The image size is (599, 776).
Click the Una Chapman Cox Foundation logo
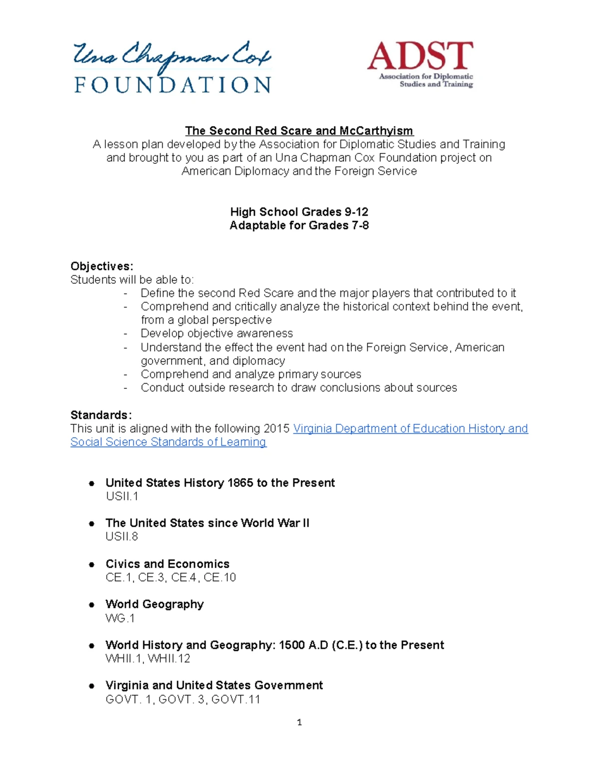[172, 68]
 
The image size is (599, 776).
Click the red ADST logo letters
[420, 56]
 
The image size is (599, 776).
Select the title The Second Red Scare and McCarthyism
[299, 131]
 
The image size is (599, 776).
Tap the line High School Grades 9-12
[299, 212]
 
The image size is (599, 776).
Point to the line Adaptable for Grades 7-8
[299, 225]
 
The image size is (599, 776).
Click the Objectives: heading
[102, 266]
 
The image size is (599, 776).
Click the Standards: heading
[101, 415]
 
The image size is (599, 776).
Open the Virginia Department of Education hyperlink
[410, 429]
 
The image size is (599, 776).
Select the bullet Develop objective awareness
[217, 333]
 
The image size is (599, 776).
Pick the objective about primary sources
[251, 374]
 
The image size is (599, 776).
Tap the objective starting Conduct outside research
[299, 388]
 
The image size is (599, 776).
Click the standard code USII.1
[122, 496]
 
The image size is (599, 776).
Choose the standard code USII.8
[122, 537]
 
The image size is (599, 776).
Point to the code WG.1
[120, 618]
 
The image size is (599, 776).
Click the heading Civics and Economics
[167, 564]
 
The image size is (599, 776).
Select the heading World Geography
[154, 604]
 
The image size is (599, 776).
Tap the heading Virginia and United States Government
[214, 685]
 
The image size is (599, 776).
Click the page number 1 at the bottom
[299, 722]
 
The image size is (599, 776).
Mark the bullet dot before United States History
[91, 483]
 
